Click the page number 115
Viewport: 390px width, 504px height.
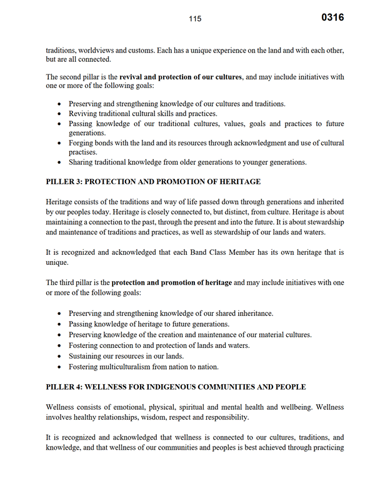point(195,19)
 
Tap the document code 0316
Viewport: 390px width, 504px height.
point(332,17)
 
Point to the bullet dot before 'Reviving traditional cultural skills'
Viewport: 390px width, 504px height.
point(59,114)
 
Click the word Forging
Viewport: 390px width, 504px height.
point(83,143)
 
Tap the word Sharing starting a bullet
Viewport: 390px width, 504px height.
point(82,162)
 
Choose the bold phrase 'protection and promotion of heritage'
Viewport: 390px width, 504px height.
point(172,283)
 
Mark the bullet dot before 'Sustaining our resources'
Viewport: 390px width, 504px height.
point(59,356)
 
